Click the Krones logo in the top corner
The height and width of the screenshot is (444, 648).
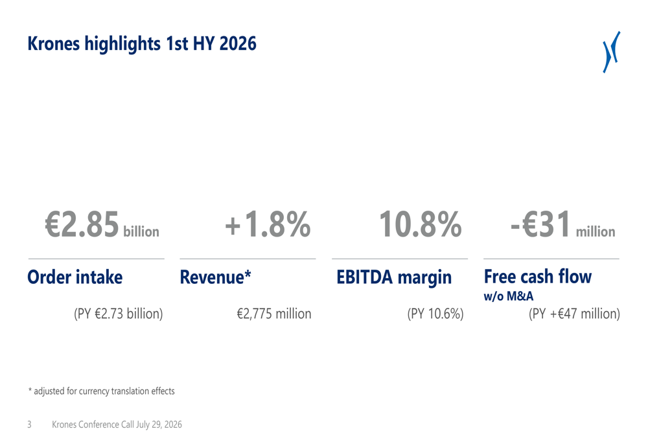(x=611, y=52)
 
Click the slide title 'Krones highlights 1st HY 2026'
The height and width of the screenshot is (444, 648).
(x=142, y=44)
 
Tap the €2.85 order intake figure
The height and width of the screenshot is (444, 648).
(x=82, y=224)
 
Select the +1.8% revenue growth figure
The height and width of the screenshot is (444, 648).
(x=268, y=224)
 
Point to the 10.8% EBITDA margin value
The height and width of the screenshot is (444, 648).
(x=421, y=224)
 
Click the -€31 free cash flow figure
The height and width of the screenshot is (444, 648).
(x=541, y=224)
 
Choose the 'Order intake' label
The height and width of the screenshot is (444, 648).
(x=75, y=277)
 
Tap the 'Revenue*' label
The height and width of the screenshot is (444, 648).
(x=215, y=277)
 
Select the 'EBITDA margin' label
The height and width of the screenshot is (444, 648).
(x=394, y=277)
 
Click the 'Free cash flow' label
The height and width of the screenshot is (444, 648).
(x=538, y=277)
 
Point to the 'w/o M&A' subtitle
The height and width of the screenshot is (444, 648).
(x=508, y=296)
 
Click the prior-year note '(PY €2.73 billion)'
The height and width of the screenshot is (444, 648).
(x=118, y=314)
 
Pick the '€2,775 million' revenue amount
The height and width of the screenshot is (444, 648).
(x=274, y=314)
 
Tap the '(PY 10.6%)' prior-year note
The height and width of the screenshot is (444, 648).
(x=435, y=314)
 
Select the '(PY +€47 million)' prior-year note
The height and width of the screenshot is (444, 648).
(x=574, y=314)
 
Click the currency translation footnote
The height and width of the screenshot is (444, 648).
(x=101, y=391)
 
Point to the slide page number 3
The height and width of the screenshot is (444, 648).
(x=29, y=425)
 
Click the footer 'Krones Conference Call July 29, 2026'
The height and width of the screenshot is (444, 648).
(x=117, y=425)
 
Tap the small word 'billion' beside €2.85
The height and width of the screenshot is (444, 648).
(x=141, y=231)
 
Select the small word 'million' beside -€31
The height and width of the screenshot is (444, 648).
(x=596, y=231)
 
